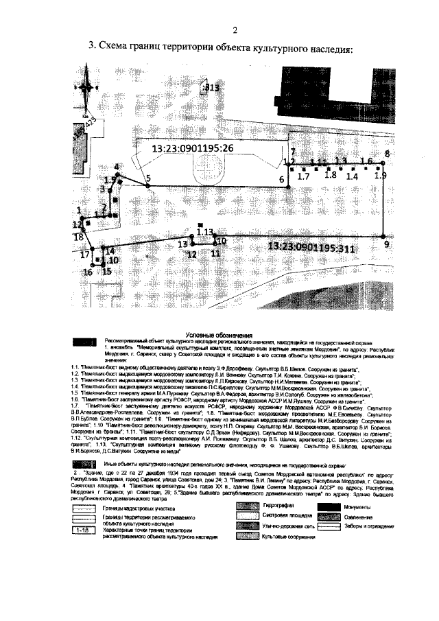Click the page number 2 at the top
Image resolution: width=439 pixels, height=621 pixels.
coord(234,30)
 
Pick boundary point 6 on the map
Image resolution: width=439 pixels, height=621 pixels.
coord(282,180)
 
